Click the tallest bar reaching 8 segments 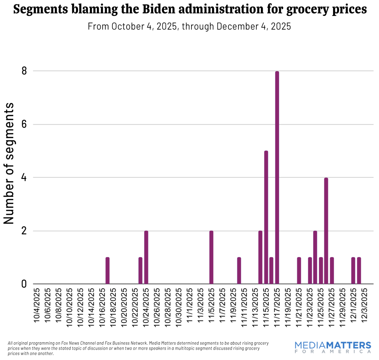click(277, 178)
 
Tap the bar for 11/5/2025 click(211, 257)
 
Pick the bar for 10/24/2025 click(146, 257)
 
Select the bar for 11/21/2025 click(299, 271)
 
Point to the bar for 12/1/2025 click(353, 271)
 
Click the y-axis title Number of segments click(9, 163)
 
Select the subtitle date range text click(189, 27)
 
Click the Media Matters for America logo click(333, 347)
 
